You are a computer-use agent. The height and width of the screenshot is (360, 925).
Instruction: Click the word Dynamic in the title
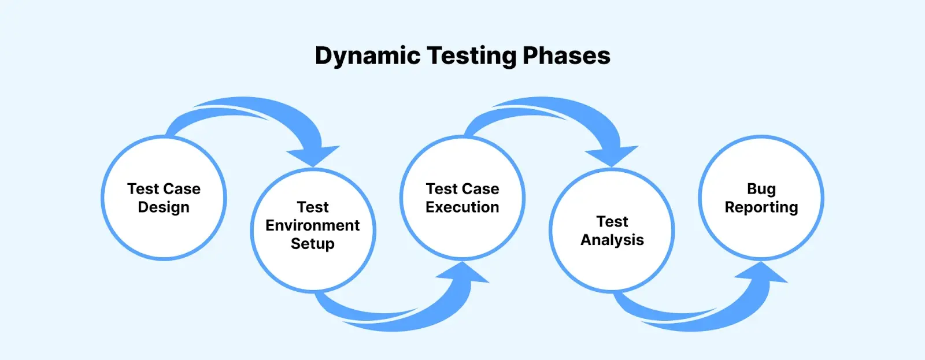pyautogui.click(x=368, y=56)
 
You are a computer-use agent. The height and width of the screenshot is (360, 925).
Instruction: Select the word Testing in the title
pyautogui.click(x=472, y=56)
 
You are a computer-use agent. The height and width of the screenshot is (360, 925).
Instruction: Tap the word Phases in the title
pyautogui.click(x=567, y=55)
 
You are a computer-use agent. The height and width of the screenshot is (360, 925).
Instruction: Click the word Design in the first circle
pyautogui.click(x=164, y=207)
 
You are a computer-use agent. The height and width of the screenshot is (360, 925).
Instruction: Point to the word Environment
pyautogui.click(x=313, y=225)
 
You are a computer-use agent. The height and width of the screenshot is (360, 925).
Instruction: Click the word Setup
pyautogui.click(x=313, y=244)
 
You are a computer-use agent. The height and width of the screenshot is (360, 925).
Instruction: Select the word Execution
pyautogui.click(x=462, y=207)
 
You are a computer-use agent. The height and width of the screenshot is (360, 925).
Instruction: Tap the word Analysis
pyautogui.click(x=612, y=240)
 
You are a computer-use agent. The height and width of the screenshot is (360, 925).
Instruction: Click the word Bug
pyautogui.click(x=761, y=190)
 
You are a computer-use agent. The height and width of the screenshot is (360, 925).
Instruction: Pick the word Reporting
pyautogui.click(x=761, y=207)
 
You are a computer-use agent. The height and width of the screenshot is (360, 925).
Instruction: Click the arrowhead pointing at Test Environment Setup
pyautogui.click(x=313, y=155)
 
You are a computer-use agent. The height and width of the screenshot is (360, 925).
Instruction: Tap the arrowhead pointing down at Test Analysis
pyautogui.click(x=612, y=155)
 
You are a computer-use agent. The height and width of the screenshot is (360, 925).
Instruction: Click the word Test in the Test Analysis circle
pyautogui.click(x=612, y=222)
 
